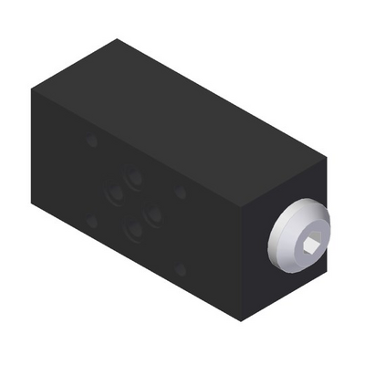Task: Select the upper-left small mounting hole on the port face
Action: click(91, 141)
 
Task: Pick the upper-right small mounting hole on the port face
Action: click(181, 193)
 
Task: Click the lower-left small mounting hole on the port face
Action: click(91, 221)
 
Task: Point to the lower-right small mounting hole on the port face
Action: click(181, 270)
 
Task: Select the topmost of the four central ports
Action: click(135, 175)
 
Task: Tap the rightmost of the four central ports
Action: click(155, 216)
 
